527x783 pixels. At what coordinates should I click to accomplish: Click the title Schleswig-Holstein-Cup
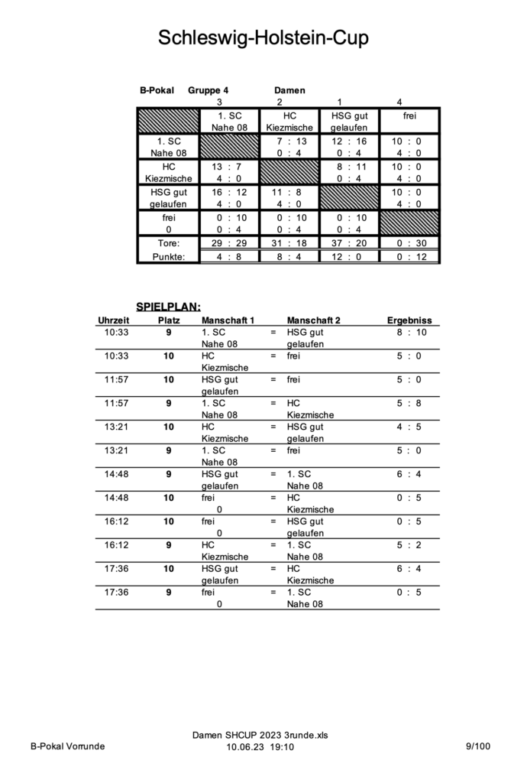(x=263, y=37)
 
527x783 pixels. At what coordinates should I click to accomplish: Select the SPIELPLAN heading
(x=168, y=307)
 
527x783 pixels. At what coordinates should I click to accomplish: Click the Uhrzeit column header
(x=114, y=320)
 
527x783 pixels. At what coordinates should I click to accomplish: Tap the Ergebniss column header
(x=409, y=320)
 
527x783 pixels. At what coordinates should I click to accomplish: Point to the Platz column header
(x=169, y=320)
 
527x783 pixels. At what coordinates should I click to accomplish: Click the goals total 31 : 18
(x=289, y=242)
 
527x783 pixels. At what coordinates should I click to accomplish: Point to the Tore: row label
(x=168, y=242)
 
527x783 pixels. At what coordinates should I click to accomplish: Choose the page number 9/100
(x=480, y=746)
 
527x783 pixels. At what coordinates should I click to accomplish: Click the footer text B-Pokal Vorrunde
(x=68, y=746)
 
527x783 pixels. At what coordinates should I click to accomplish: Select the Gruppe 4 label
(x=208, y=90)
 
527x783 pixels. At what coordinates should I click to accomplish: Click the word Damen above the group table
(x=289, y=90)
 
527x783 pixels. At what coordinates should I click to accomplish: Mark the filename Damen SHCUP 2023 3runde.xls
(x=260, y=735)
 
